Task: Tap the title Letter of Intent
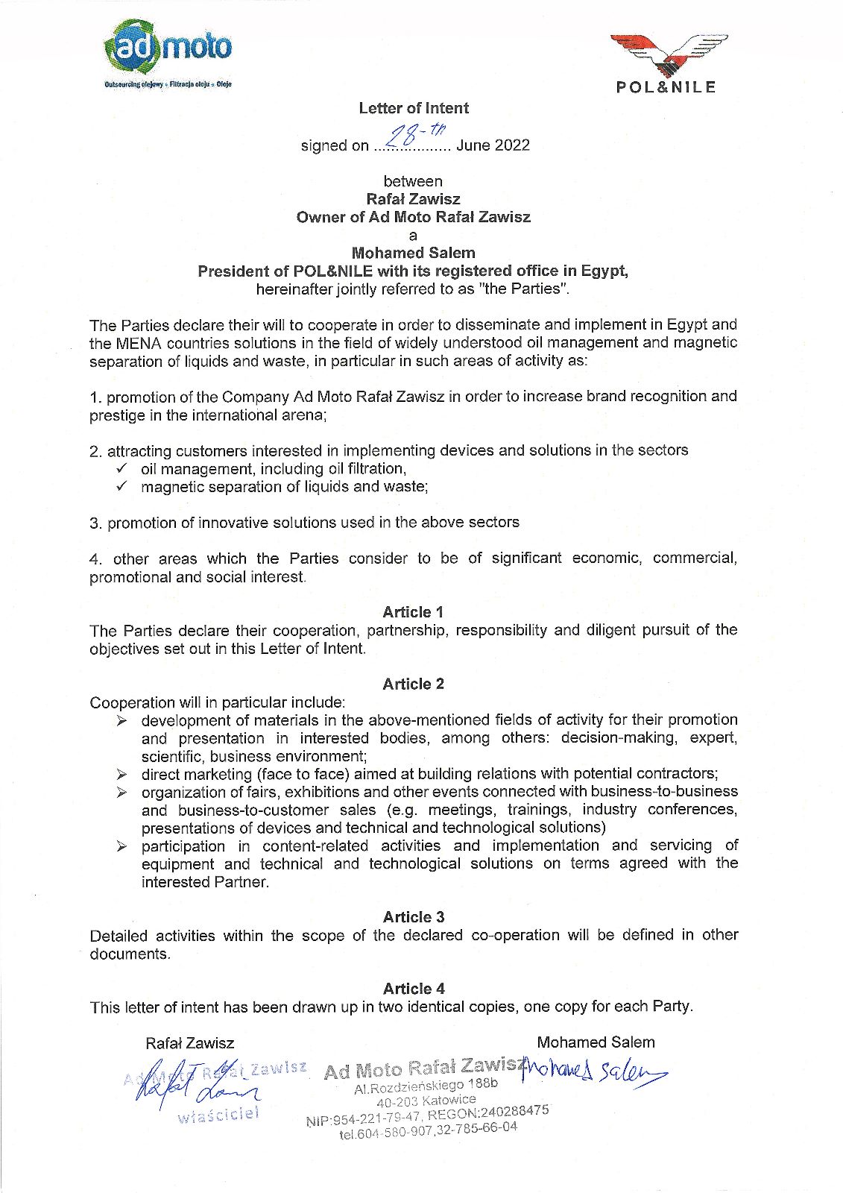(x=414, y=108)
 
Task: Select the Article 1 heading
(x=413, y=612)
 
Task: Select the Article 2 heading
(x=413, y=684)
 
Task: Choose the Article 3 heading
(x=414, y=917)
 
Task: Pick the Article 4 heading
(x=414, y=989)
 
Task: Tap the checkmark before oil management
(x=121, y=468)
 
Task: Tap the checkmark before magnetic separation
(x=121, y=487)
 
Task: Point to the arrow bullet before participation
(x=122, y=846)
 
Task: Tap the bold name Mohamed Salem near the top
(x=413, y=253)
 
